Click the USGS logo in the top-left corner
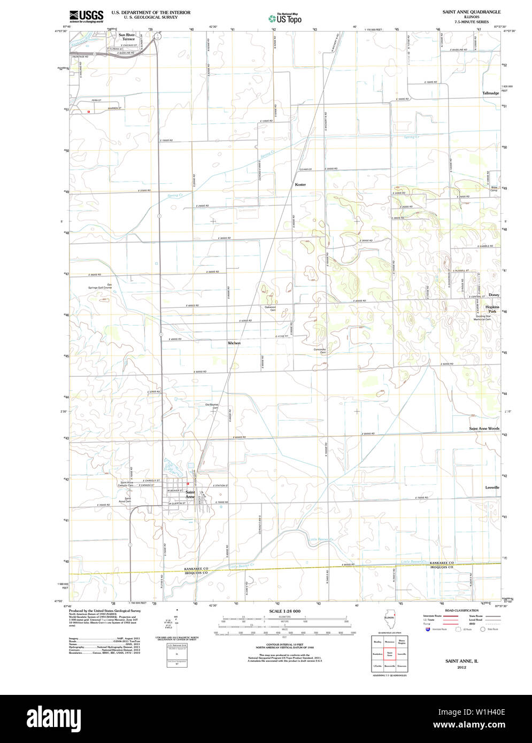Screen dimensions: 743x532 86,16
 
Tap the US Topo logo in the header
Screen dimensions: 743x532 285,18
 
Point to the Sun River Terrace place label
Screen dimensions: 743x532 127,37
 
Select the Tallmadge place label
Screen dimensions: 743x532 490,94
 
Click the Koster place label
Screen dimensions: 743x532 300,184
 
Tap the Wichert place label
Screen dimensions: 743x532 234,343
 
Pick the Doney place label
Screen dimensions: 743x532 493,295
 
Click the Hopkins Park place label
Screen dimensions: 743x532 492,309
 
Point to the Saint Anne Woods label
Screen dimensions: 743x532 484,429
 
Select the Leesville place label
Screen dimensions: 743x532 492,487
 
